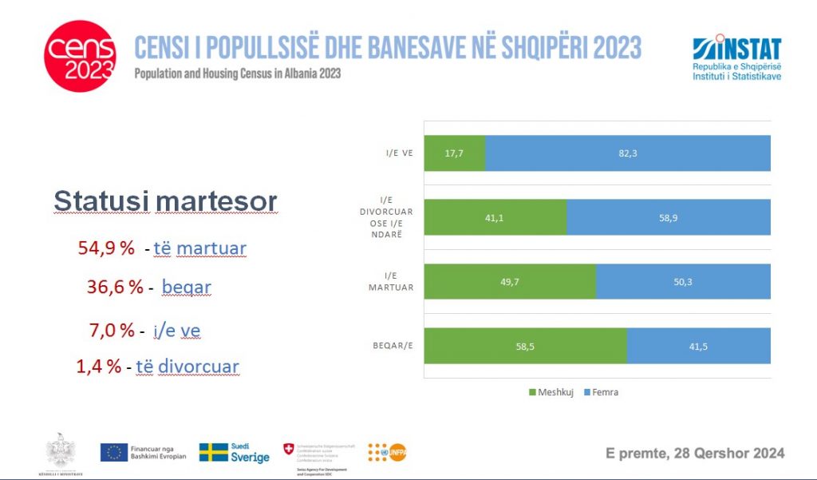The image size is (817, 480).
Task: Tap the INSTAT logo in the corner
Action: [x=737, y=58]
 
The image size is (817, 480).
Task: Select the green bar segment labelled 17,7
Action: [x=454, y=153]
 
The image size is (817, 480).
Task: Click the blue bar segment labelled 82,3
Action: [x=628, y=153]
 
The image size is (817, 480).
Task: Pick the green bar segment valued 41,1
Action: [x=495, y=216]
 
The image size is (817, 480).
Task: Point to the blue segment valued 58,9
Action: [x=669, y=216]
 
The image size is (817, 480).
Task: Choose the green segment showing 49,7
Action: [x=510, y=281]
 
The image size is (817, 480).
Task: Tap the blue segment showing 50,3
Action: [x=683, y=281]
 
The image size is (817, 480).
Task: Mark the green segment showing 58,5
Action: [x=525, y=345]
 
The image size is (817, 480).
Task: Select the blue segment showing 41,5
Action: [x=699, y=345]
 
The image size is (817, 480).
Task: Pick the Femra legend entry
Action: [x=599, y=392]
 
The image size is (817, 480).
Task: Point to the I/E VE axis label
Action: [x=397, y=153]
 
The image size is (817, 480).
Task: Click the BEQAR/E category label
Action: [x=391, y=345]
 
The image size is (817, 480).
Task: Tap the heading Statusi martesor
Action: [x=165, y=201]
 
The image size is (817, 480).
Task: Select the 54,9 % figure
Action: [x=106, y=248]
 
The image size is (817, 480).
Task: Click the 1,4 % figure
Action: [x=99, y=367]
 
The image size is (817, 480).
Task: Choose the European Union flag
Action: [x=113, y=453]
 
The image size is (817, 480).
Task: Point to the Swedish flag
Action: [x=213, y=453]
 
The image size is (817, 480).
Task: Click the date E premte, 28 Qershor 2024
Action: [x=694, y=454]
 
